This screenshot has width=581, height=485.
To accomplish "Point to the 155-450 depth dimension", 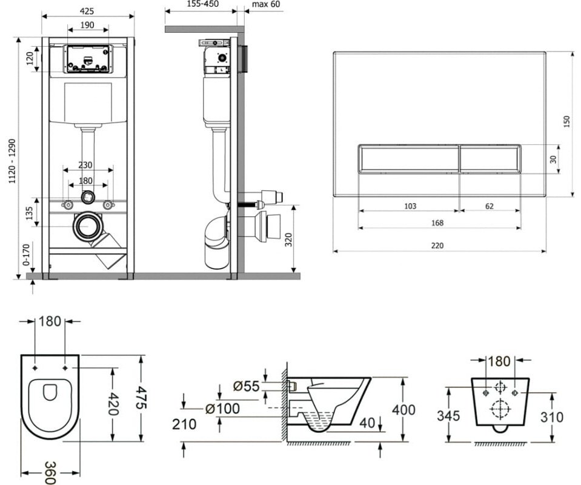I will click(203, 4).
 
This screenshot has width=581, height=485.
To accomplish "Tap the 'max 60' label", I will click(266, 4).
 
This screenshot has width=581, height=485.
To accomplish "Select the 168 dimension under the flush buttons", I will click(437, 223).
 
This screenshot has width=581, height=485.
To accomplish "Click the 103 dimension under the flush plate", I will click(410, 206).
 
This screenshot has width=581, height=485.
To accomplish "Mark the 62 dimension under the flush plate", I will click(488, 206).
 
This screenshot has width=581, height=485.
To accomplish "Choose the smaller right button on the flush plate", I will click(490, 159).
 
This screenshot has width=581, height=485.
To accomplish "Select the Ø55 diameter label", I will click(247, 385).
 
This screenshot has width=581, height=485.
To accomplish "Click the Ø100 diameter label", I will click(223, 409).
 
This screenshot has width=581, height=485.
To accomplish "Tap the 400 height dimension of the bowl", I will click(403, 410).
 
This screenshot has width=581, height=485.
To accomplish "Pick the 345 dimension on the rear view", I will click(448, 416).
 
